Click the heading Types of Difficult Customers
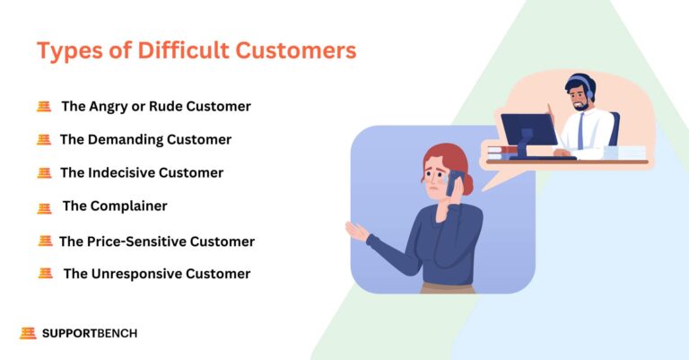[196, 51]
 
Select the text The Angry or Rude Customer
[155, 106]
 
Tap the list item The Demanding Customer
[145, 139]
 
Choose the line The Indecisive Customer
[141, 172]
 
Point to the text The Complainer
[114, 206]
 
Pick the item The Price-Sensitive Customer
[156, 241]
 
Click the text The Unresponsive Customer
[156, 274]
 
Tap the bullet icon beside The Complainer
[44, 207]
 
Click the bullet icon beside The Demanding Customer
[43, 140]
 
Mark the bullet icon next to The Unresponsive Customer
[45, 274]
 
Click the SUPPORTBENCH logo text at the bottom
[90, 333]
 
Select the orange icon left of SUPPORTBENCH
[28, 333]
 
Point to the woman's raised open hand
[357, 231]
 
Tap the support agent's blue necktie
[580, 130]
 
